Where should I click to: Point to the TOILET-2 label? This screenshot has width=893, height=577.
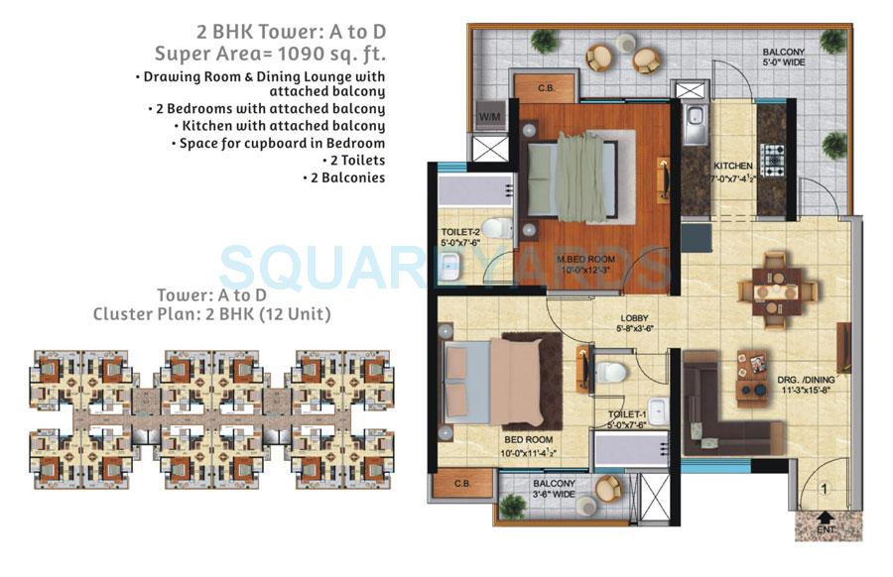(461, 236)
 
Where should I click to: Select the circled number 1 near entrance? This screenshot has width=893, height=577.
(823, 487)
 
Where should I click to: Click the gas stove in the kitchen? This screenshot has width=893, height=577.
(772, 156)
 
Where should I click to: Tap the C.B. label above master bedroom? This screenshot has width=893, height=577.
(545, 87)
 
